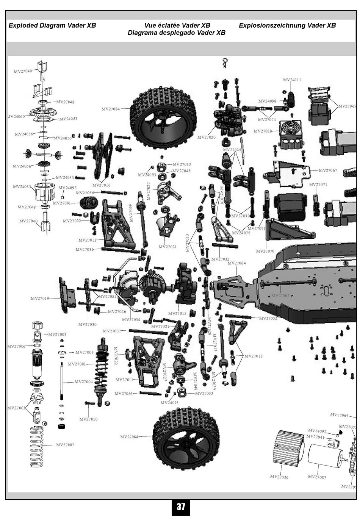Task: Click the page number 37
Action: (x=180, y=507)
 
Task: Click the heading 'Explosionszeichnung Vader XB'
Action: (x=287, y=25)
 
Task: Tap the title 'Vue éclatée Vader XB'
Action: (x=177, y=25)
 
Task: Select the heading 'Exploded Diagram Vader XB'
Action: (x=52, y=25)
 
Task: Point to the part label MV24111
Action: (x=292, y=80)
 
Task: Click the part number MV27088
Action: (x=263, y=131)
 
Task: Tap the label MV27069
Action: (x=347, y=106)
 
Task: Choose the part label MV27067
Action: (x=328, y=170)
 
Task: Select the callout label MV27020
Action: (x=206, y=137)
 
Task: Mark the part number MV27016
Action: (x=102, y=185)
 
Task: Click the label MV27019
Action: (x=40, y=299)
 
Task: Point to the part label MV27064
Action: (x=236, y=263)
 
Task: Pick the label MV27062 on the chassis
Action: (x=280, y=295)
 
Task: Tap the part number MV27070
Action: (x=265, y=251)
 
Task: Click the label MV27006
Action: (x=16, y=346)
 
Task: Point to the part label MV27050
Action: (x=88, y=419)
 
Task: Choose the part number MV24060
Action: (x=16, y=117)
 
